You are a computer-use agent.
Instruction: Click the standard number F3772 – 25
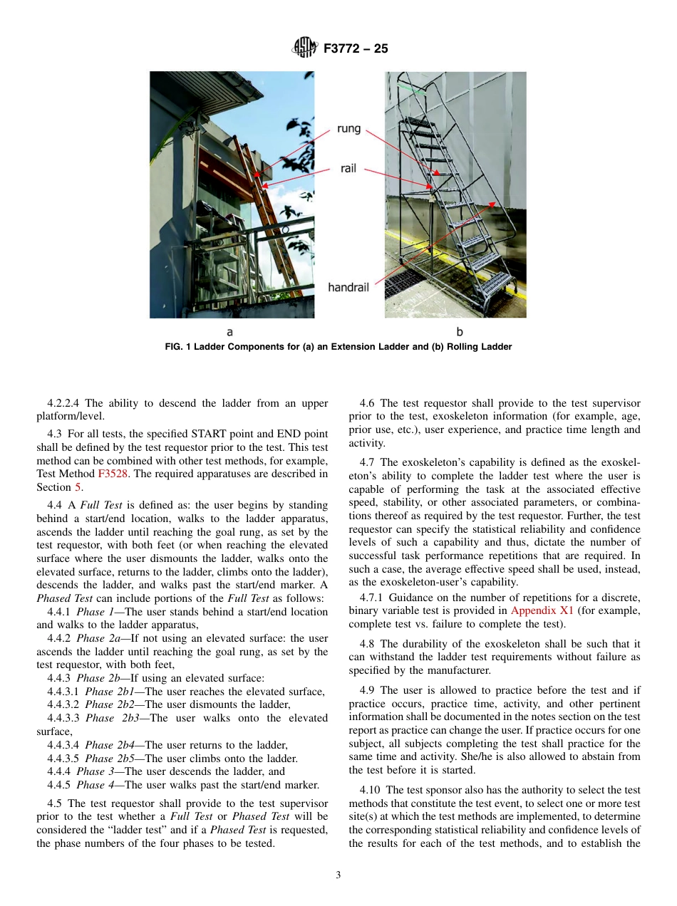tap(356, 49)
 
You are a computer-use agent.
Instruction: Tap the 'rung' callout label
tap(348, 129)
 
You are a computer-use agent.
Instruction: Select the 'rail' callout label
tap(348, 169)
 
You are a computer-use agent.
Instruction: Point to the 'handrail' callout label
tap(348, 287)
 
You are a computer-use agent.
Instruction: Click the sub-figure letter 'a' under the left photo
tap(229, 332)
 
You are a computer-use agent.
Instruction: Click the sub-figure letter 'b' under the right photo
tap(460, 332)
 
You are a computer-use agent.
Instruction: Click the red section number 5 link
tap(78, 487)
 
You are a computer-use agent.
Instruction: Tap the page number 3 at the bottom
tap(338, 875)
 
